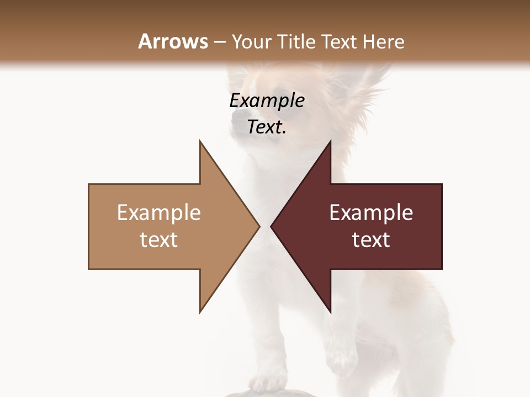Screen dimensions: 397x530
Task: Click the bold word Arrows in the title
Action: click(173, 41)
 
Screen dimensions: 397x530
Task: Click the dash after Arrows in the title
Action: click(219, 42)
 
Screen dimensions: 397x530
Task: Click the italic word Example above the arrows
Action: click(267, 101)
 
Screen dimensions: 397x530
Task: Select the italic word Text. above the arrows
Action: click(267, 127)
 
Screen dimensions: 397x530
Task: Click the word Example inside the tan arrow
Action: click(159, 213)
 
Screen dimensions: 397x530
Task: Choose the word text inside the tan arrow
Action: click(159, 239)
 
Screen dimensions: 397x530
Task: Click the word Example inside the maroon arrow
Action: click(371, 213)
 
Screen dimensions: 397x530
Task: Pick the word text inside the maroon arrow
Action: click(371, 239)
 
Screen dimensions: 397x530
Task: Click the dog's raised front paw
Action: click(341, 353)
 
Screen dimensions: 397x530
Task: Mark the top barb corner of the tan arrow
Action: click(200, 141)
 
